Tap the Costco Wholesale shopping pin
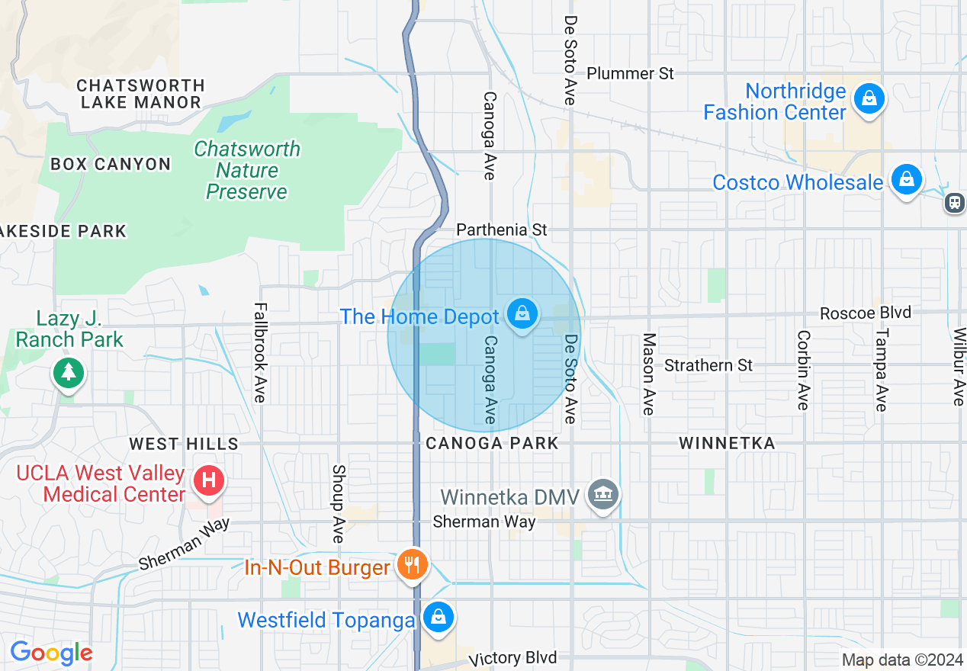[906, 179]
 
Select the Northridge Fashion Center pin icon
[869, 98]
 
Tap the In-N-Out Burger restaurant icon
[413, 565]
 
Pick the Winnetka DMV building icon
[603, 495]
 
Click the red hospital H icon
[210, 480]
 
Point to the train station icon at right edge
[954, 202]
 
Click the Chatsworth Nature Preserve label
[246, 170]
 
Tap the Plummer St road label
[630, 73]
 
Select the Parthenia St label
[502, 230]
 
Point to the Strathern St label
[708, 365]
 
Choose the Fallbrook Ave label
[260, 352]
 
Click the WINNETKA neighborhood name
[726, 443]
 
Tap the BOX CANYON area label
[111, 164]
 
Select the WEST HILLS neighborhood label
[184, 444]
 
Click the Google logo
[51, 653]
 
